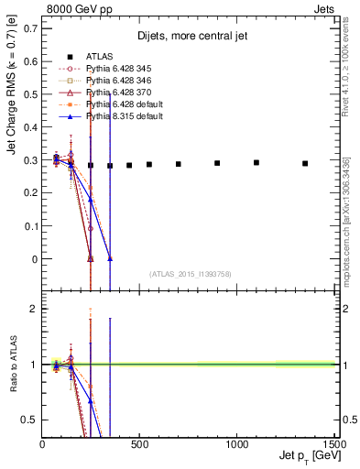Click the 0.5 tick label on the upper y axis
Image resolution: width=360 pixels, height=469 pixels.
click(x=31, y=93)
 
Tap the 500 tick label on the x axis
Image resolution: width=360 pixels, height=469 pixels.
click(x=139, y=446)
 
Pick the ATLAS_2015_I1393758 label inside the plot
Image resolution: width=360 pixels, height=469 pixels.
click(x=190, y=274)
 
